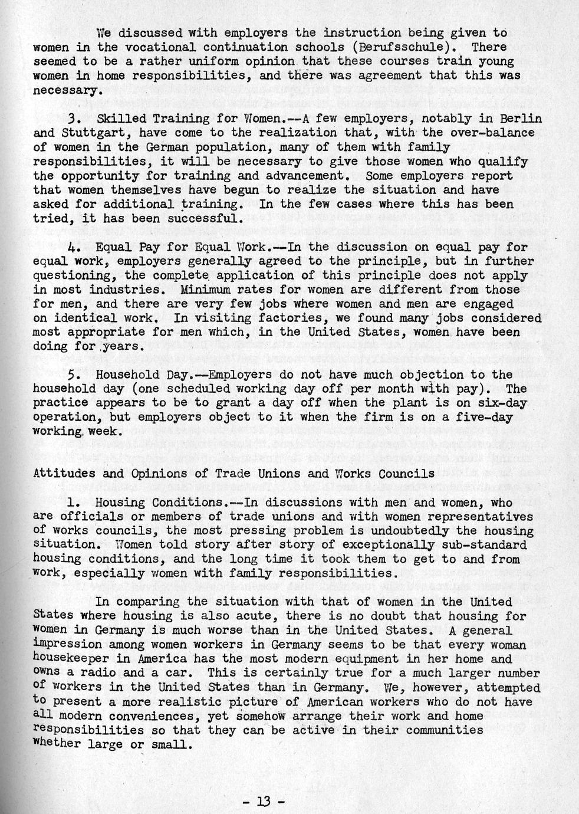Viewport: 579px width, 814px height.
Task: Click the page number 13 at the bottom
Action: click(264, 802)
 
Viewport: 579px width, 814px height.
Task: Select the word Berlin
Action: click(520, 119)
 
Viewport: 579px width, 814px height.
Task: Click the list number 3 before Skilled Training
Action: click(73, 119)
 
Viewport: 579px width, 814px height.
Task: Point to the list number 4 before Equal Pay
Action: click(73, 247)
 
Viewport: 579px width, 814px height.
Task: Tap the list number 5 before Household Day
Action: click(73, 375)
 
